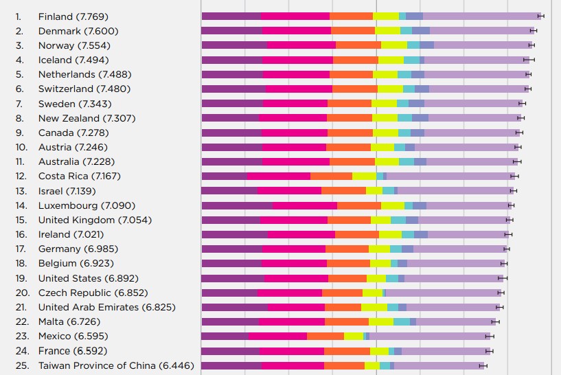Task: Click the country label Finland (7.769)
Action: click(73, 16)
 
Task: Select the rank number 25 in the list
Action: click(21, 365)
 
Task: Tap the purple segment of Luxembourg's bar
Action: click(237, 205)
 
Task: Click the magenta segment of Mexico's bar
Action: click(277, 336)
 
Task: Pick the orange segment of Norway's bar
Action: click(358, 45)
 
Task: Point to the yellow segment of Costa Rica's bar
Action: click(364, 176)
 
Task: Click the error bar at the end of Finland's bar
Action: click(540, 16)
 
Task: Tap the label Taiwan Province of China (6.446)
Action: click(116, 365)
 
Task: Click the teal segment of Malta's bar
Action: click(402, 321)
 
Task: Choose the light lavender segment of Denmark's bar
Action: click(481, 30)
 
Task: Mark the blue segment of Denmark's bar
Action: click(421, 30)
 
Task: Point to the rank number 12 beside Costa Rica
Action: click(21, 176)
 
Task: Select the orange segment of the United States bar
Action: click(347, 278)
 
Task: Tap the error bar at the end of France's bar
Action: click(490, 351)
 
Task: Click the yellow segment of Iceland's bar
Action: click(391, 60)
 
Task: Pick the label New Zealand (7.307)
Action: click(87, 118)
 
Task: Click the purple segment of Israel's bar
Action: click(229, 190)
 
